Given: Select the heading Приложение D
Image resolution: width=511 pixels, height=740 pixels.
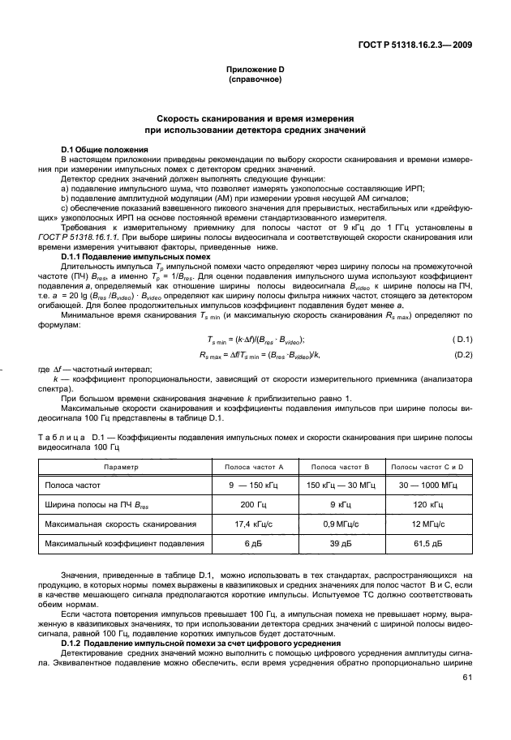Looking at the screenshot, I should [x=255, y=71].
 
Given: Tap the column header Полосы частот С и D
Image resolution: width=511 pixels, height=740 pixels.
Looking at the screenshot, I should [x=427, y=468].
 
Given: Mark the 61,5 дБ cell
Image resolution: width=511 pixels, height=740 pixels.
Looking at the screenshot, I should [x=427, y=544].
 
